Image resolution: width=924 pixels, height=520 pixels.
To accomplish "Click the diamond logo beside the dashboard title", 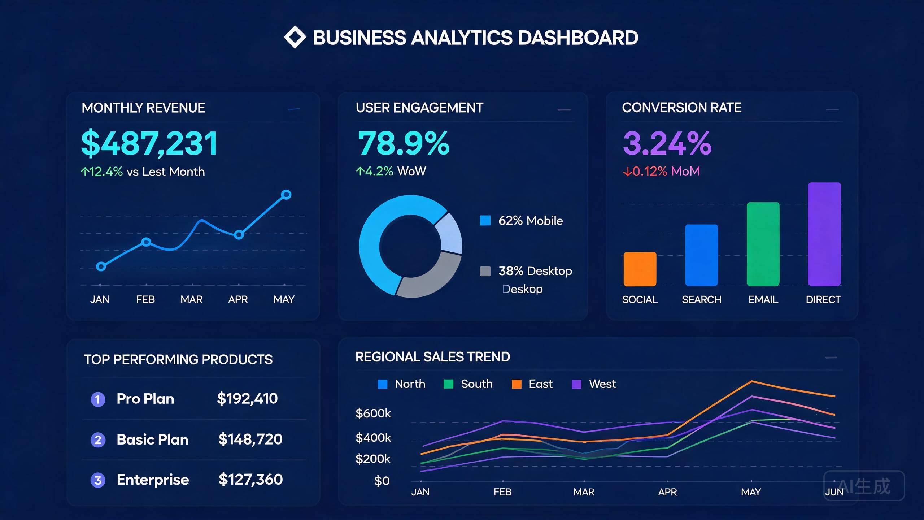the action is tap(295, 37).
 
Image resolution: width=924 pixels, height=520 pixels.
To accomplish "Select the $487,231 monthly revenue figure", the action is tap(149, 144).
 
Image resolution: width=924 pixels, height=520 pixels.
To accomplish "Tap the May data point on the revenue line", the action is tap(286, 195).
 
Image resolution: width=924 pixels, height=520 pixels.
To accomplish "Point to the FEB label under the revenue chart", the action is tap(145, 299).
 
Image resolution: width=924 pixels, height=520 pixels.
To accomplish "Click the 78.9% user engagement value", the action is tap(404, 143).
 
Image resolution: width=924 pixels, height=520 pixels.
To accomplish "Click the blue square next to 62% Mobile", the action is tap(485, 220).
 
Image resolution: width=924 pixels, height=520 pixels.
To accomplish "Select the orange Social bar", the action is tap(640, 269).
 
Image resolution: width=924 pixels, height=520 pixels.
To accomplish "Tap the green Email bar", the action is tap(763, 244).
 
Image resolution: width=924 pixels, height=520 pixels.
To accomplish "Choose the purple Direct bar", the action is tap(824, 234).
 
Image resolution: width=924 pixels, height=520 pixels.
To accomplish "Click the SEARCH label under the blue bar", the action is tap(701, 300).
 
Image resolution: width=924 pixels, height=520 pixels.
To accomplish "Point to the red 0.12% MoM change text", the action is tap(661, 171).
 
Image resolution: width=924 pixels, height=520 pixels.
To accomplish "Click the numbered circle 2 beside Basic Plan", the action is tap(98, 440).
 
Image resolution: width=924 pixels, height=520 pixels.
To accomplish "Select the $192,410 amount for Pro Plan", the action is tap(247, 399).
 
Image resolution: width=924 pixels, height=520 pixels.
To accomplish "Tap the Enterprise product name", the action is tap(153, 480).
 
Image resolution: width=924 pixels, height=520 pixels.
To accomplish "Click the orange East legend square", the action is tap(517, 384).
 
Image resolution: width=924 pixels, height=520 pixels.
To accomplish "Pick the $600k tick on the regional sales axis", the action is tap(373, 413).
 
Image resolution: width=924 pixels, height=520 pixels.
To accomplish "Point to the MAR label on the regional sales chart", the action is tap(584, 492).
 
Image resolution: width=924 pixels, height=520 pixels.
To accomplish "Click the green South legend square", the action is tap(448, 384).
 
